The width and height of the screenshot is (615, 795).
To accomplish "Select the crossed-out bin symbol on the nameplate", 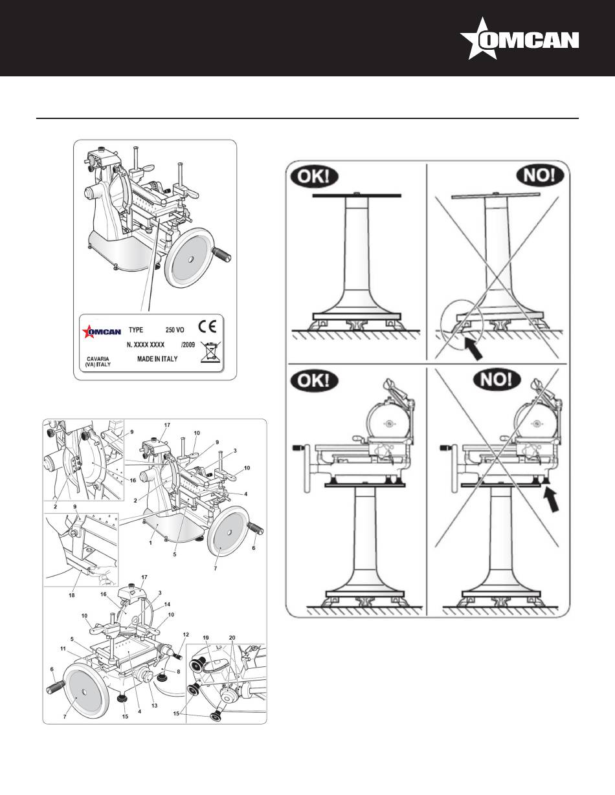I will click(x=210, y=350).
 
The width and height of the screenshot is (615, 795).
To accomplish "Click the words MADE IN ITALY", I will click(x=158, y=358).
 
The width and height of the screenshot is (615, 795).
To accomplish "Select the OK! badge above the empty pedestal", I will click(x=315, y=177).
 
